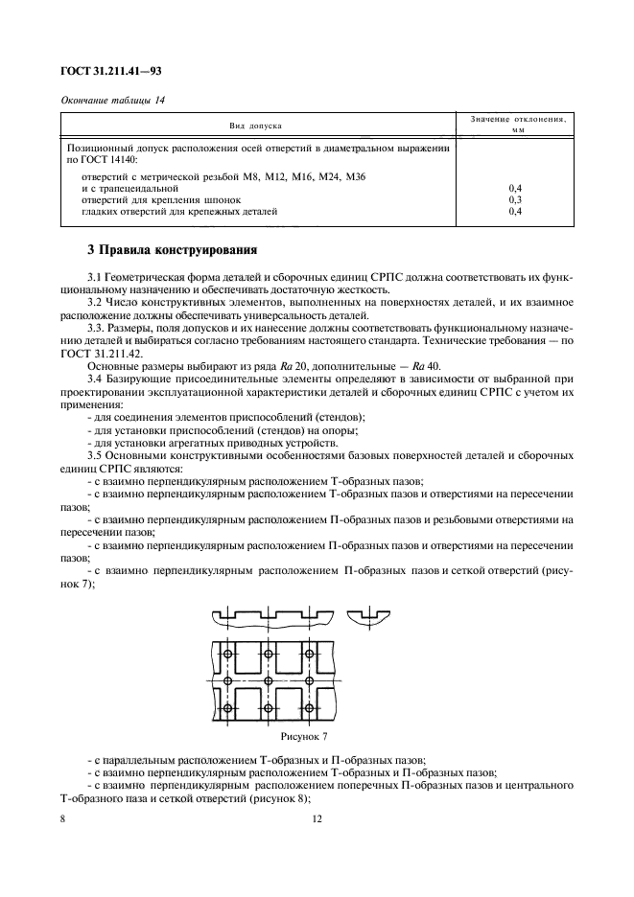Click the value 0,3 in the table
click(x=514, y=199)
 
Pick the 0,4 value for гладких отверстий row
click(x=514, y=210)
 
